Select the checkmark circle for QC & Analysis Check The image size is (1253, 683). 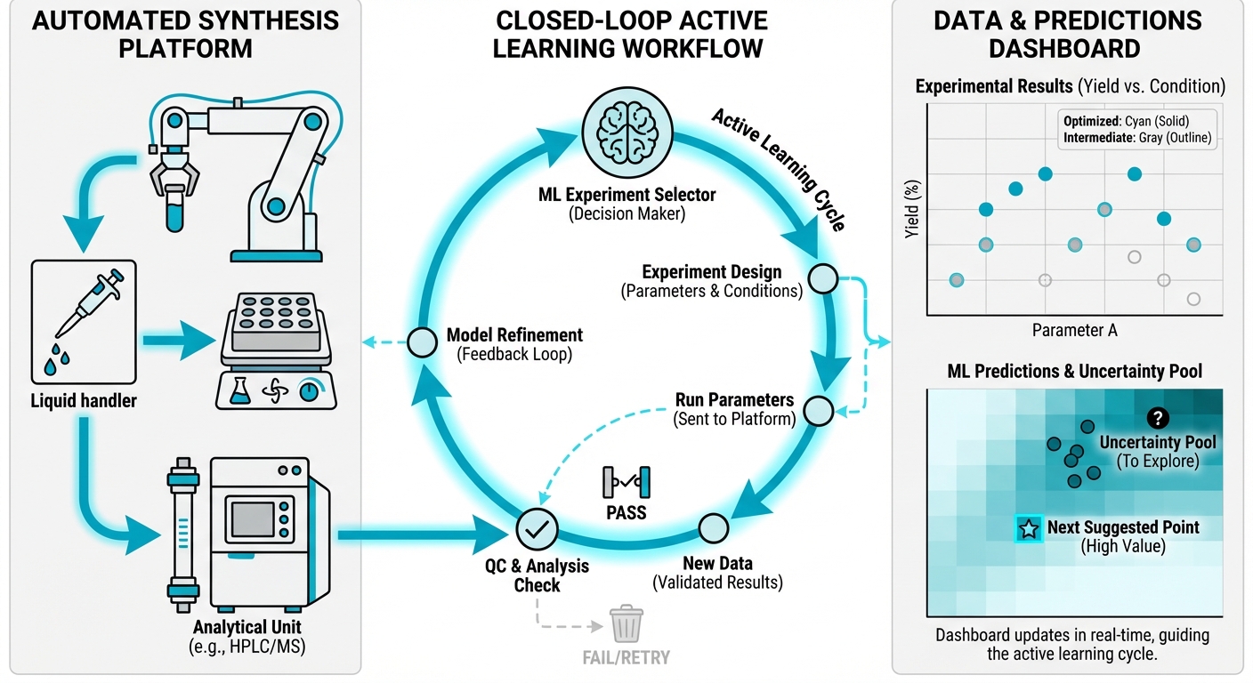coord(537,529)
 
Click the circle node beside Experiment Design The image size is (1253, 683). coord(822,278)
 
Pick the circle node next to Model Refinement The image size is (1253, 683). coord(421,342)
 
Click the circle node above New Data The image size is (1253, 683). coord(713,528)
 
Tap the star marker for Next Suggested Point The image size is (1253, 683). coord(1029,529)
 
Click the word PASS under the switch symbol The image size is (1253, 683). coord(626,513)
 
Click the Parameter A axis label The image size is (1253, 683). coord(1074,330)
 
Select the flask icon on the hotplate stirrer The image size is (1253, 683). coord(238,393)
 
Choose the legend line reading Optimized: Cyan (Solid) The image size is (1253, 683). coord(1126,121)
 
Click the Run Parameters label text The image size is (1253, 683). coord(734,399)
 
